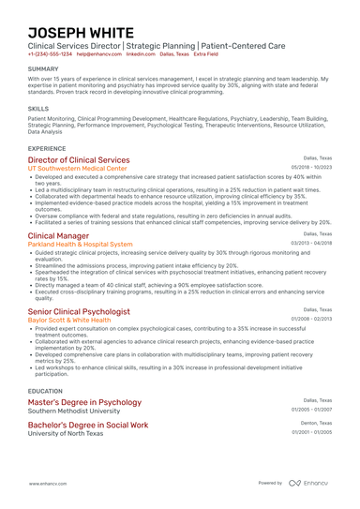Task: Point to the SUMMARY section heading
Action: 43,69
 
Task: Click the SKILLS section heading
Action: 38,109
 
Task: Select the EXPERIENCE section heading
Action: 47,148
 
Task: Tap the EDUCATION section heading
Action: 46,390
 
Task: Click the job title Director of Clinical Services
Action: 79,160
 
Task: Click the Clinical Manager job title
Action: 59,235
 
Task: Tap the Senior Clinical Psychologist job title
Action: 79,311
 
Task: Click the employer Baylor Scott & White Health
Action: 69,320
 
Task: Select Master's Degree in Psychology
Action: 84,402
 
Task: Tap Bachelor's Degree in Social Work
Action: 88,425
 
